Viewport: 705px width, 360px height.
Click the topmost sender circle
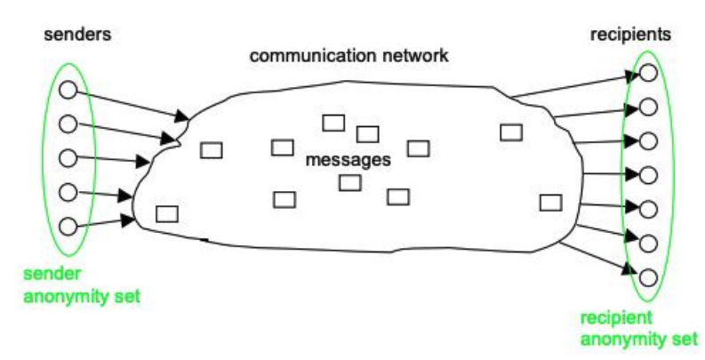point(66,90)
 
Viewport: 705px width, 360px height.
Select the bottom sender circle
point(66,225)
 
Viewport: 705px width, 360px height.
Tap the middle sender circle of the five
point(66,157)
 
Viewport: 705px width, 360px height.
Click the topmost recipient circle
point(648,74)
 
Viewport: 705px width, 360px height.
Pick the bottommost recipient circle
point(648,276)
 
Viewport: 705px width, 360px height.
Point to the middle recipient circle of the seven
point(648,175)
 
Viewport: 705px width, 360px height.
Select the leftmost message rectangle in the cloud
point(166,213)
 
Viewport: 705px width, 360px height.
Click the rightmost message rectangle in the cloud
point(550,202)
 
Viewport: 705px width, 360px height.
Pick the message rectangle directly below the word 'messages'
point(349,182)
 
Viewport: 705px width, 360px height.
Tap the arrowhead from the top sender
point(183,116)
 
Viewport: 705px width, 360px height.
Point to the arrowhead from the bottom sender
point(130,218)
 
